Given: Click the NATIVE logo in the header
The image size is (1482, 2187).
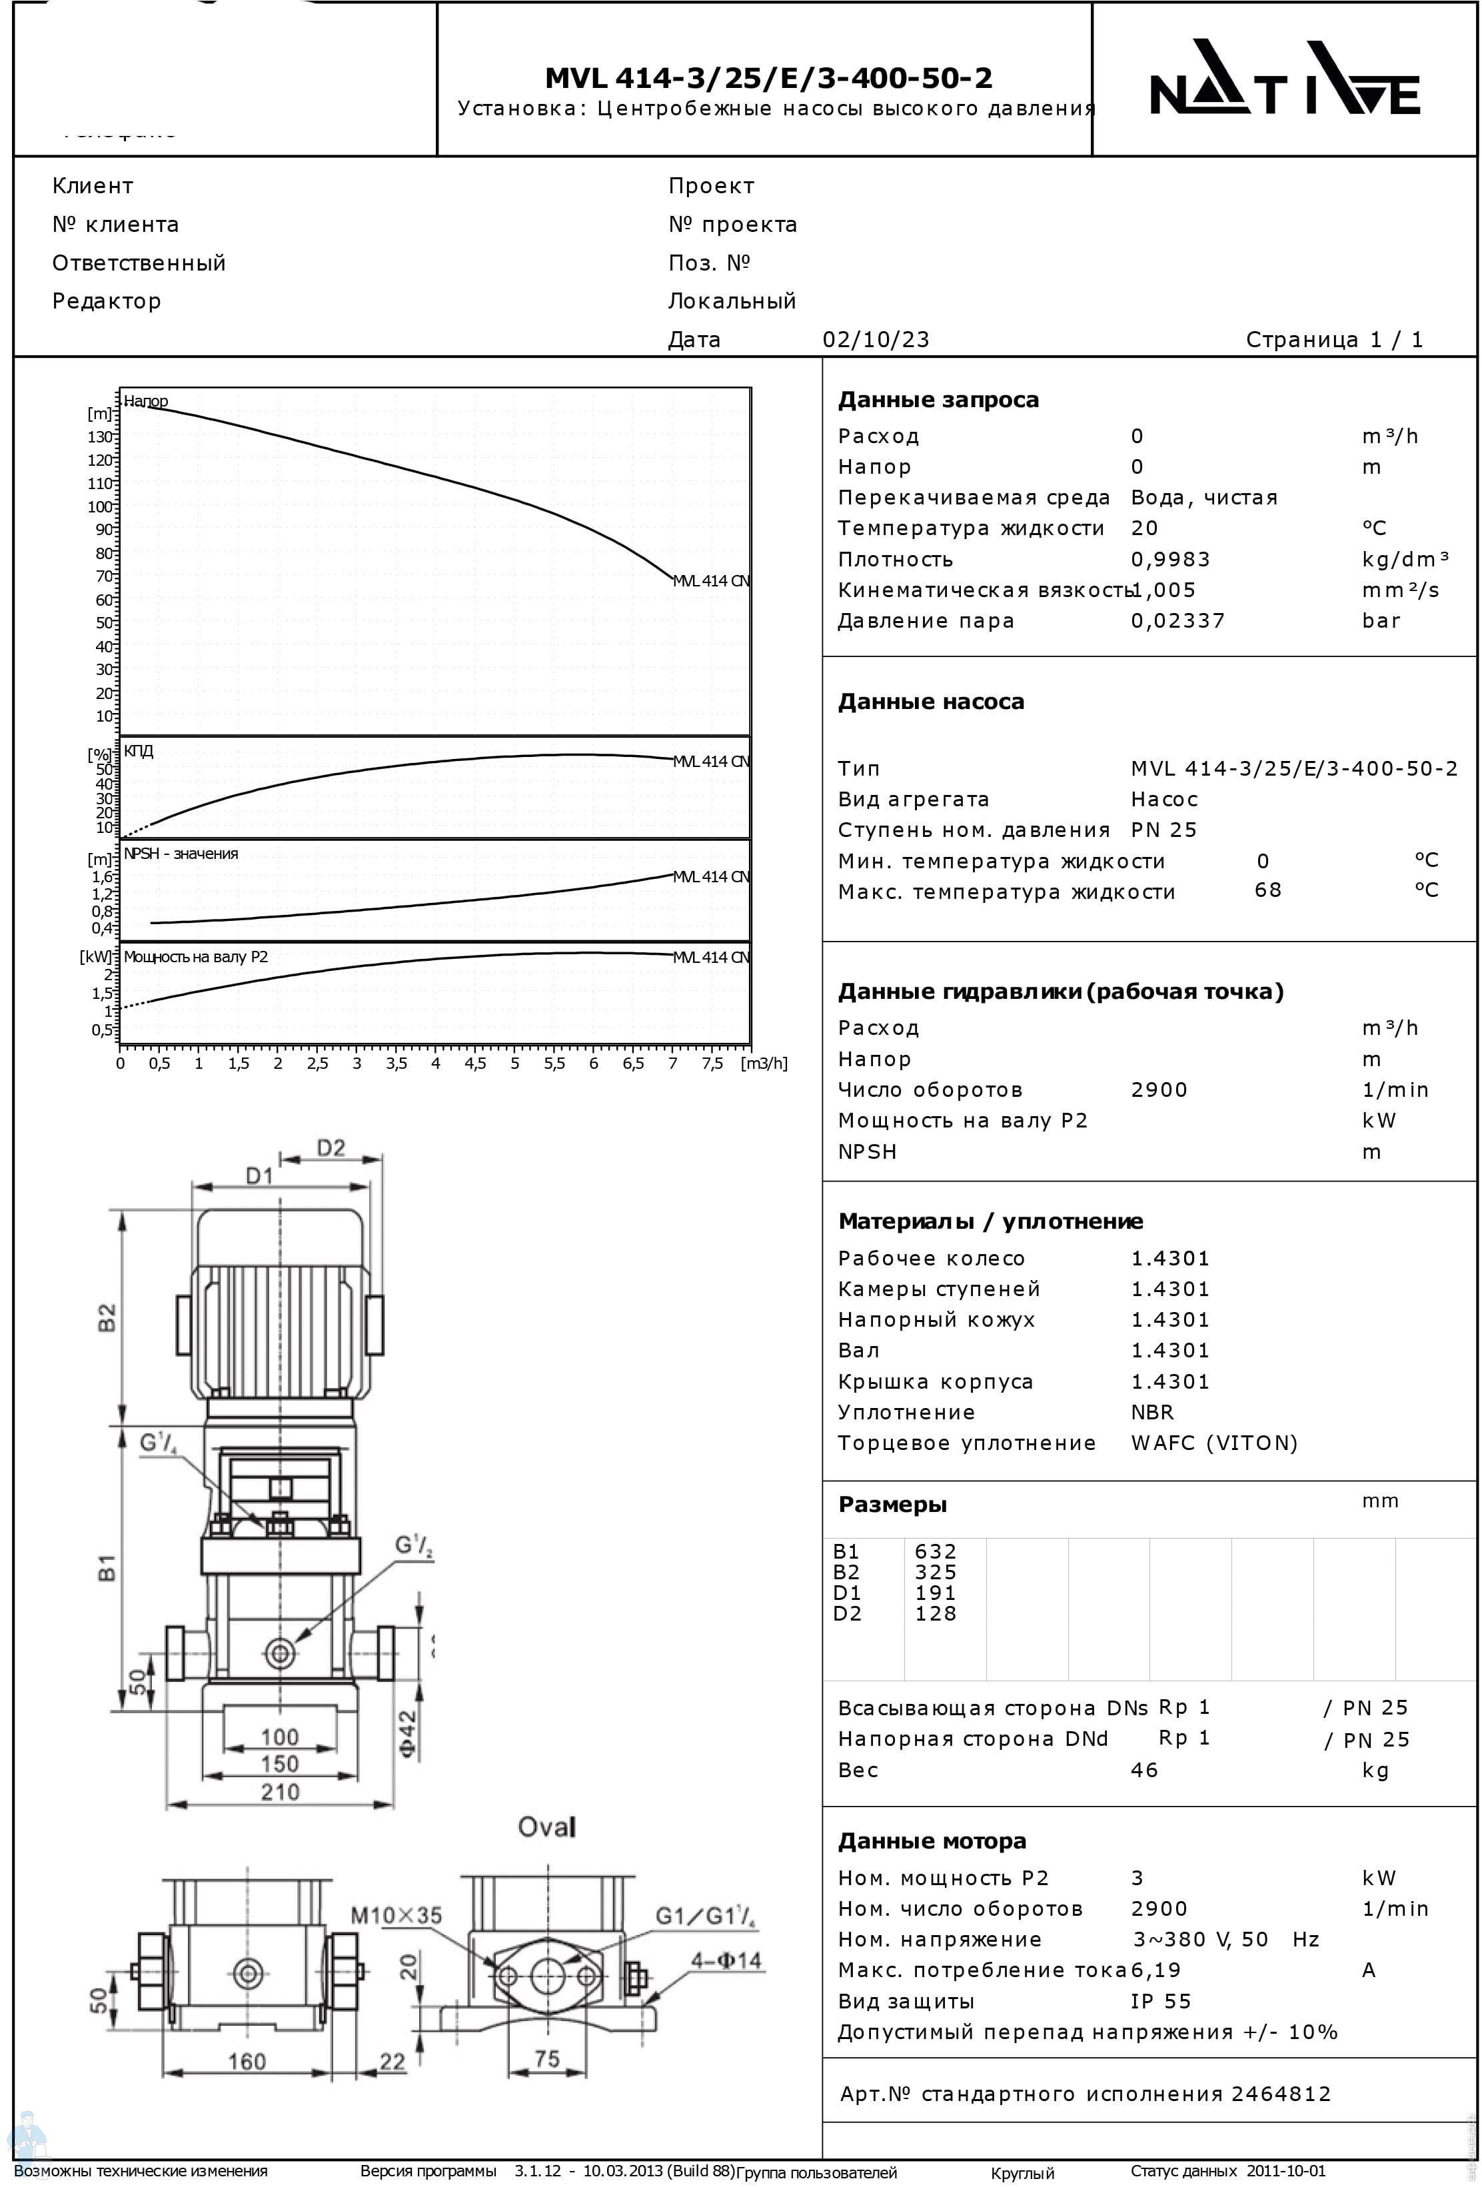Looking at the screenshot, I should point(1283,78).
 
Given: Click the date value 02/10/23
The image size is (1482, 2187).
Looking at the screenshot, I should point(875,340).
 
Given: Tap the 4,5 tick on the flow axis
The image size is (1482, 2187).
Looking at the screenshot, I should point(475,1064).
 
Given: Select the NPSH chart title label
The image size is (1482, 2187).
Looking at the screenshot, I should point(181,854).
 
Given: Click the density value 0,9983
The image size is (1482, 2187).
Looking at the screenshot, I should point(1169,559).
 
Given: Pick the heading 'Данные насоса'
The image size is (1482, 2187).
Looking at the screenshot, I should point(931,702).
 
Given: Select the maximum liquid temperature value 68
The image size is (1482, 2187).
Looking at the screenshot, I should point(1267,890).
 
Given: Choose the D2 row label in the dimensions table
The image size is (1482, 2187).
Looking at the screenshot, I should point(847,1614).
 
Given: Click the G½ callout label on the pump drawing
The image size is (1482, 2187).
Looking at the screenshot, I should point(413,1545).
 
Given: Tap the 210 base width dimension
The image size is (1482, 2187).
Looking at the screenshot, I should point(279,1792).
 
